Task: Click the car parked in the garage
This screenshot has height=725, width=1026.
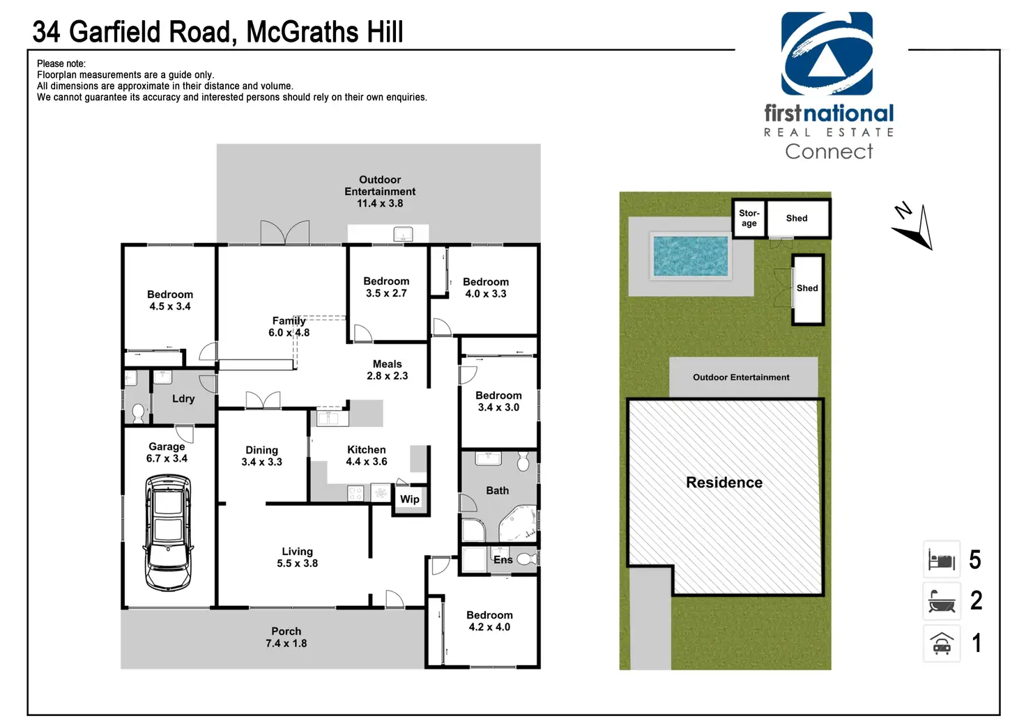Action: tap(168, 532)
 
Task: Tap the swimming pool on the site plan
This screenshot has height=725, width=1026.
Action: tap(690, 256)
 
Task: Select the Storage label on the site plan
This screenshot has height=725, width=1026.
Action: tap(749, 219)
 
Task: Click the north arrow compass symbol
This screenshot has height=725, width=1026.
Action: tap(914, 227)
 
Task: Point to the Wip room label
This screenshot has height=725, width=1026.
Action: tap(410, 499)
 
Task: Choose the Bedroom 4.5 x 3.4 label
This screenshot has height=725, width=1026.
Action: tap(170, 301)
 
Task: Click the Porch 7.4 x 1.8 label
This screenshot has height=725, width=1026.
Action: tap(286, 637)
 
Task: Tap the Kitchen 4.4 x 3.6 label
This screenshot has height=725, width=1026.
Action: tap(367, 456)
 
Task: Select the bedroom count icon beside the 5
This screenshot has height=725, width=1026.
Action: tap(942, 560)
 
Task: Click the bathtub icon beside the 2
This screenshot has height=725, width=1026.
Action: tap(942, 601)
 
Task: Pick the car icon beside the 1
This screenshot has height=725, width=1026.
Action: tap(942, 644)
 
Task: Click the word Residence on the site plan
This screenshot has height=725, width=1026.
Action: tap(724, 483)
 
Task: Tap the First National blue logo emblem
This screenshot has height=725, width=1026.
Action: tap(827, 54)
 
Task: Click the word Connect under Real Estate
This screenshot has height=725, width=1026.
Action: tap(829, 152)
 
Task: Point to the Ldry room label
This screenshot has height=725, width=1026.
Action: tap(183, 399)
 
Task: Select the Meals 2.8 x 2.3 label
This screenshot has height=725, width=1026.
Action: tap(388, 370)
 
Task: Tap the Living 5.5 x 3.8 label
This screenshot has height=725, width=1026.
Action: tap(298, 558)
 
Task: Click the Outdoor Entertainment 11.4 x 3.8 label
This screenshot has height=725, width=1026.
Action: tap(380, 192)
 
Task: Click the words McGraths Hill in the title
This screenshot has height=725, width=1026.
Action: tap(325, 32)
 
